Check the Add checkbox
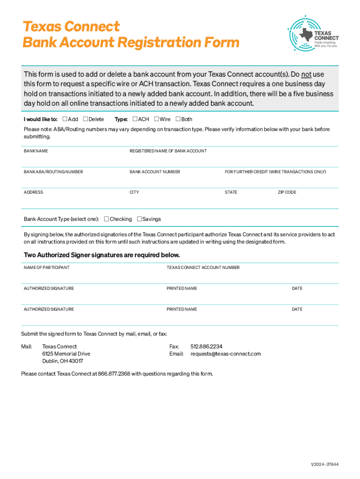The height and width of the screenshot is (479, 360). click(x=65, y=119)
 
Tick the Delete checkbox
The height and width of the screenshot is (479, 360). click(x=85, y=119)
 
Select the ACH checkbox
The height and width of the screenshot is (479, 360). click(x=135, y=119)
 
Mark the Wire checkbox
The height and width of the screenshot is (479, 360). click(x=156, y=119)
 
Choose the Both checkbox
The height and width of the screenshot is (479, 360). click(x=178, y=119)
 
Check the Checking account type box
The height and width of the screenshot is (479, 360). click(x=106, y=219)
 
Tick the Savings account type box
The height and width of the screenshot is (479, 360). click(x=139, y=219)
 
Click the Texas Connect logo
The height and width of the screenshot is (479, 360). click(x=313, y=32)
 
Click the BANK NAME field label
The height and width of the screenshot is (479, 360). click(x=36, y=151)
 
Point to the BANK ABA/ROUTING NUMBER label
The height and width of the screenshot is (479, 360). click(x=53, y=172)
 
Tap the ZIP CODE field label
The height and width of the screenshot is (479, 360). click(x=287, y=192)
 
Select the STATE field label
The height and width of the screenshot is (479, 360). click(x=231, y=192)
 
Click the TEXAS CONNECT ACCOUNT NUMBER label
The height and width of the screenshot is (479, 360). click(x=203, y=268)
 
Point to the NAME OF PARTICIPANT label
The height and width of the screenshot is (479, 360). click(x=47, y=268)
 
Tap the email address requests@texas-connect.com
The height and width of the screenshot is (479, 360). click(x=225, y=354)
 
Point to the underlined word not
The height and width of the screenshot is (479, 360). click(x=306, y=74)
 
